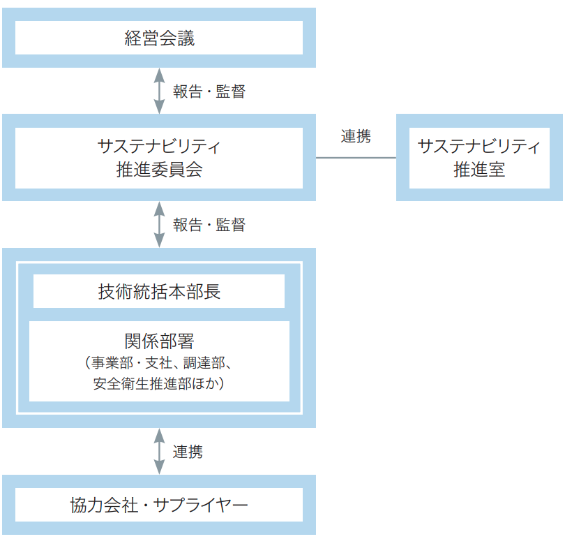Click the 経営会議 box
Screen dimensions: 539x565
(159, 38)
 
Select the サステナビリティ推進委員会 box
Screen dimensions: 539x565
(159, 158)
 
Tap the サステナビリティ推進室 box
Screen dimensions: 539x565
(479, 158)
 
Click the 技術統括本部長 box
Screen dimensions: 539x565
(159, 291)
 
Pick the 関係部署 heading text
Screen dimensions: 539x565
(159, 341)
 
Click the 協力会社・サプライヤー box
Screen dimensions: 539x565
(159, 504)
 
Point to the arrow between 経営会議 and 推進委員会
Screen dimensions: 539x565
(159, 91)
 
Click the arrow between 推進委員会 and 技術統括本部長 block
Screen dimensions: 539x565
(159, 224)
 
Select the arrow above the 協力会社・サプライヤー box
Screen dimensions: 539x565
(159, 451)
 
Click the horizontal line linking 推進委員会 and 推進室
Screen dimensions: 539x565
(356, 158)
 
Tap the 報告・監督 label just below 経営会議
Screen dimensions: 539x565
(209, 91)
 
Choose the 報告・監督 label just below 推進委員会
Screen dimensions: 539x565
(209, 225)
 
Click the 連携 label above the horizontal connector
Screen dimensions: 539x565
(356, 137)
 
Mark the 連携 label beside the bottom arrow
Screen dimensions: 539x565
(188, 452)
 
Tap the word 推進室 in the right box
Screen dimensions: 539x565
(479, 169)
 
